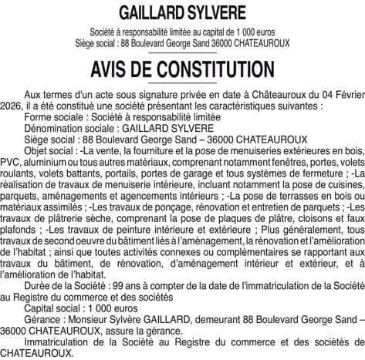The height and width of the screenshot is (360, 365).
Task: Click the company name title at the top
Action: point(183,14)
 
